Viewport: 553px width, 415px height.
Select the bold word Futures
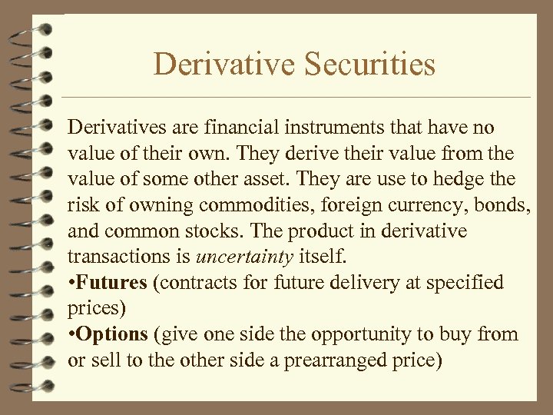[111, 283]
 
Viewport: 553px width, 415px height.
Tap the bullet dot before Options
[71, 335]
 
